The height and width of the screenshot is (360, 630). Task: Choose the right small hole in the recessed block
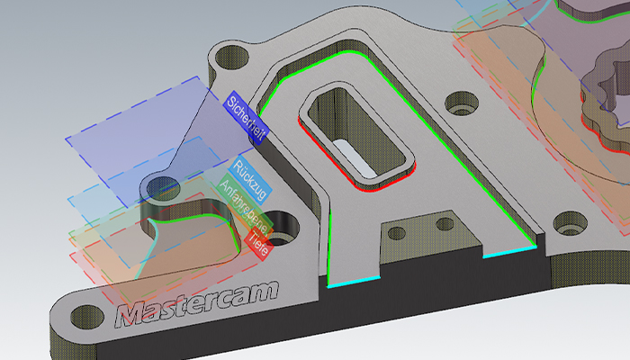coord(443,220)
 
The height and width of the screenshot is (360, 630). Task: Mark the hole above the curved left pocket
coord(162,188)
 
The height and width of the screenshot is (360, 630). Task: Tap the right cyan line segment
coord(508,253)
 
